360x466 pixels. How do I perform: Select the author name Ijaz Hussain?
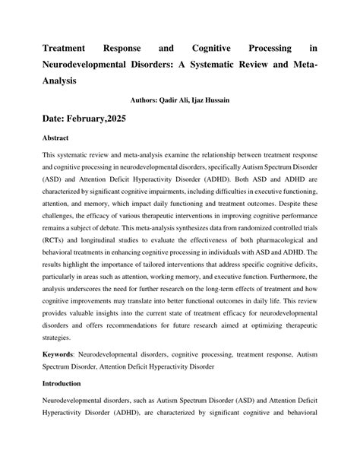[x=216, y=99]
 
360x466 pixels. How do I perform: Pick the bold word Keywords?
[x=63, y=355]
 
